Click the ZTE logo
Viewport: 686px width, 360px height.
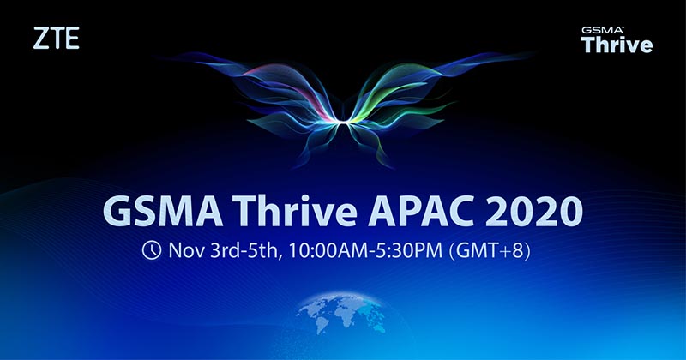click(x=56, y=38)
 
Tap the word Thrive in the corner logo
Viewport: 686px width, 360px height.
click(x=617, y=45)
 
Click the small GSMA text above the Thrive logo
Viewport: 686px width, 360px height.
click(x=602, y=30)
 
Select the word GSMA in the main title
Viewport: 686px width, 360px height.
click(x=163, y=211)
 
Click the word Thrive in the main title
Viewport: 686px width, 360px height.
click(x=295, y=210)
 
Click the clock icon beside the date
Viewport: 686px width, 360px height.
click(x=152, y=250)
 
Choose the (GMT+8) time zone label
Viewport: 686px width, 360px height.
click(x=490, y=251)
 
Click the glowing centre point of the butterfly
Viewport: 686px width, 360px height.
click(x=343, y=120)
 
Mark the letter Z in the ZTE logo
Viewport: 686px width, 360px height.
click(x=40, y=38)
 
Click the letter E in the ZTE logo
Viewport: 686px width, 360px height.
click(x=73, y=38)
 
